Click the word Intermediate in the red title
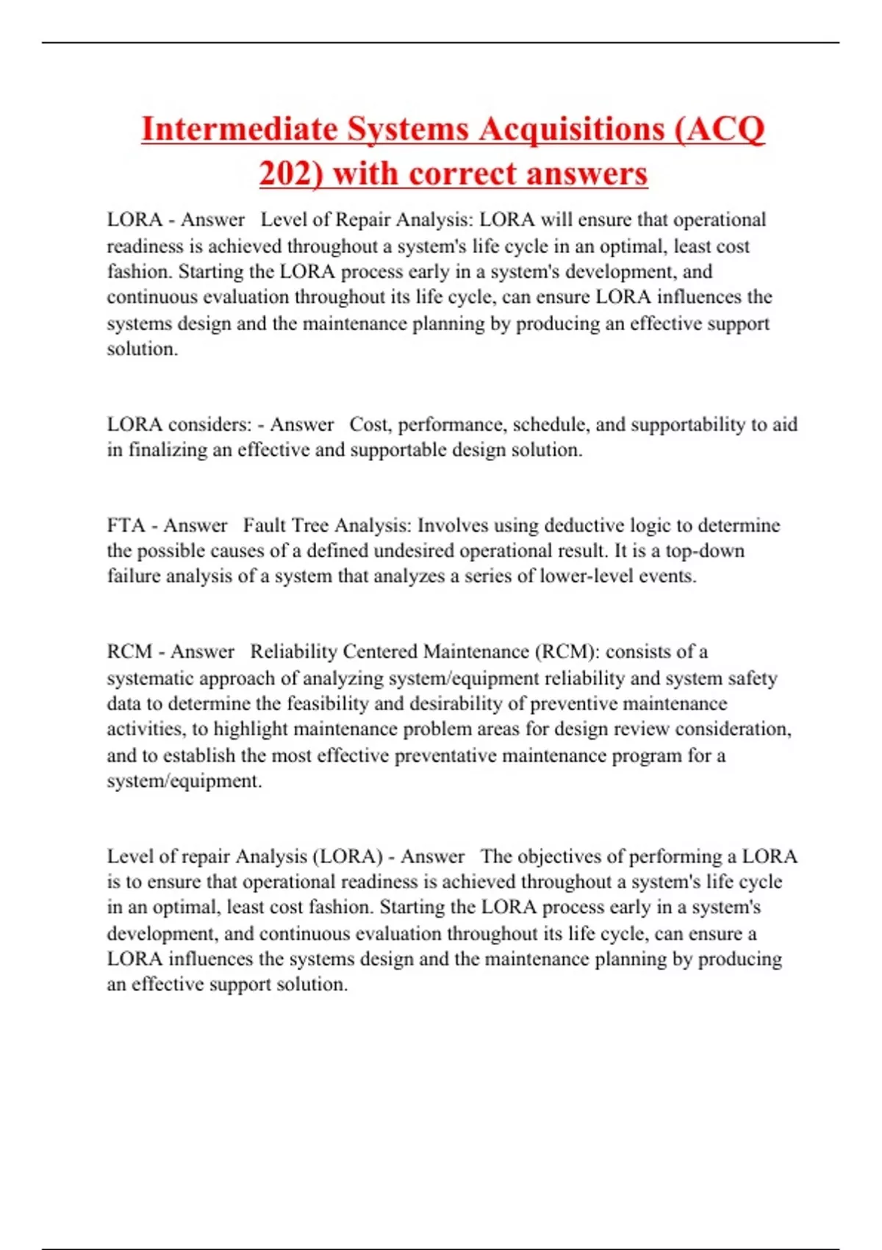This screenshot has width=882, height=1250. pyautogui.click(x=238, y=129)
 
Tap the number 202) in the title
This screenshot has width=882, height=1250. pyautogui.click(x=291, y=174)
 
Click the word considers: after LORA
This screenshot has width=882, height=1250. pyautogui.click(x=210, y=424)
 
